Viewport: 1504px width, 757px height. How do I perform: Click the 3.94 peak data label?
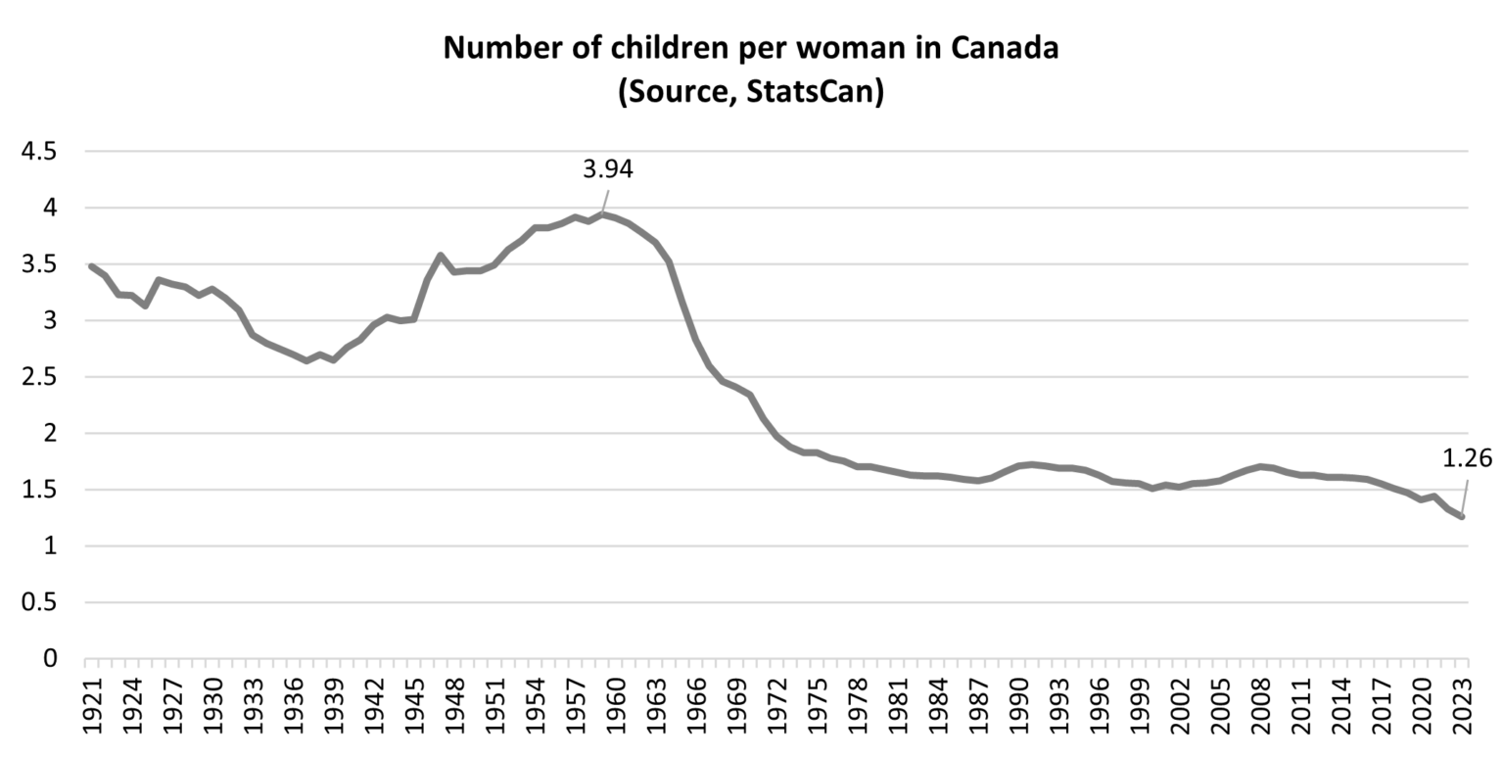(x=607, y=169)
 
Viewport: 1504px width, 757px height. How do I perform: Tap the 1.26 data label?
(x=1467, y=457)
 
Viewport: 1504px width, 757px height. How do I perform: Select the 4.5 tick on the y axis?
(x=38, y=152)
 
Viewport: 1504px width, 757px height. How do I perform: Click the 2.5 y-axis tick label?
(x=38, y=377)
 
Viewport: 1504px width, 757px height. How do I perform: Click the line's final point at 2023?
(x=1461, y=516)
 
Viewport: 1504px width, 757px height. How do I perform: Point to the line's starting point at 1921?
(x=92, y=266)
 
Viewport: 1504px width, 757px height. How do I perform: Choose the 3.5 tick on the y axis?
(x=38, y=264)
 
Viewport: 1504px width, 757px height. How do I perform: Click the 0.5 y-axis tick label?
(x=38, y=602)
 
